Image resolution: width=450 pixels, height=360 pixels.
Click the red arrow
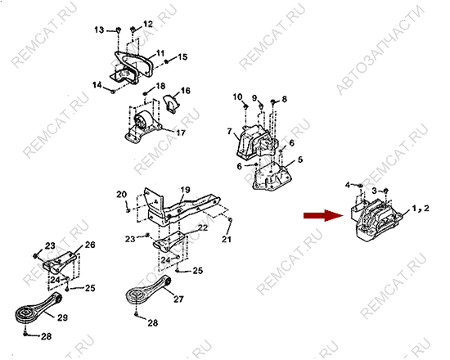[323, 215]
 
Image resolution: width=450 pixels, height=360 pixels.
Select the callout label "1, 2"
[421, 208]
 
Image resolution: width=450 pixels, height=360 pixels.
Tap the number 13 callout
[99, 29]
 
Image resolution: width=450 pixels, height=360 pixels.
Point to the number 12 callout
[148, 24]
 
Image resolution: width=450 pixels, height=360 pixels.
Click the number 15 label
[182, 56]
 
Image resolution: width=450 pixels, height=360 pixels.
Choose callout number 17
[181, 133]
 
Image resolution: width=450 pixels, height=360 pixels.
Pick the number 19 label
[186, 190]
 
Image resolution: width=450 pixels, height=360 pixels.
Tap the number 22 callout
[203, 227]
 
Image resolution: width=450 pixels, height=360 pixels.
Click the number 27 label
[178, 299]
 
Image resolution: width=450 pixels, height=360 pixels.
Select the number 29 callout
[62, 317]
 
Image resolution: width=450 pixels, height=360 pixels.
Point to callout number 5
[300, 160]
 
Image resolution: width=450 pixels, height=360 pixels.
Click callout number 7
[229, 132]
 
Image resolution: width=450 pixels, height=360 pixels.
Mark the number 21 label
[227, 239]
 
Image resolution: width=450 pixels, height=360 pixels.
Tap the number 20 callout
[121, 195]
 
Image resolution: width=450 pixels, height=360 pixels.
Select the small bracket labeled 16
[170, 104]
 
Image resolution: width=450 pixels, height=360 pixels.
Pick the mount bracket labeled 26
[60, 263]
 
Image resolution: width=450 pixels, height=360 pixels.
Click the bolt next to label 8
[273, 101]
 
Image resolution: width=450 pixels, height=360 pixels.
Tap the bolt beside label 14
[113, 92]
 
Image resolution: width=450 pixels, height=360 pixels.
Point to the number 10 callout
[237, 97]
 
